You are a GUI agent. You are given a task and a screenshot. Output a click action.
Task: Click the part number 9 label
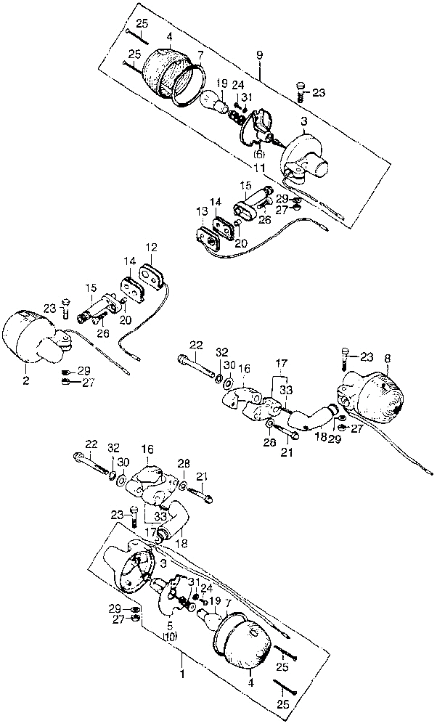tap(259, 54)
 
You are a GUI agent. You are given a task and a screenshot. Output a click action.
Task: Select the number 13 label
tap(200, 210)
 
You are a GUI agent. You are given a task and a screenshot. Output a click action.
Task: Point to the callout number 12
tap(152, 247)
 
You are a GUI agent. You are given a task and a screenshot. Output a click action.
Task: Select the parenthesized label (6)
tap(258, 155)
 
